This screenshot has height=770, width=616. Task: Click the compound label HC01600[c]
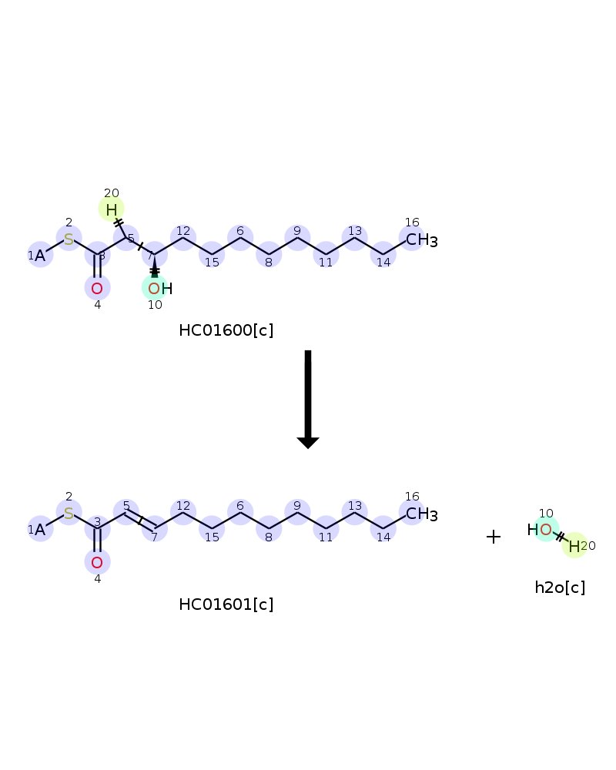click(226, 330)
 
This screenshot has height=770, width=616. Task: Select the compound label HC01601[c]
click(226, 604)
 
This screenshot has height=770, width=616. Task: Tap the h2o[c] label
click(560, 588)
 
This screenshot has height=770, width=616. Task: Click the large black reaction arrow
click(308, 399)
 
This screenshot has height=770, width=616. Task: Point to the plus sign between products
click(494, 537)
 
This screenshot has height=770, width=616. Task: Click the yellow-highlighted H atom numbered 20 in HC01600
click(112, 209)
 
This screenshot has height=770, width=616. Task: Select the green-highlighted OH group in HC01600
click(160, 289)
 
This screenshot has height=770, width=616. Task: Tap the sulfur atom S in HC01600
click(69, 239)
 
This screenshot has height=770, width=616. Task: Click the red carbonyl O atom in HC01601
click(97, 563)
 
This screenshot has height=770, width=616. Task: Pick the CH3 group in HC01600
click(421, 239)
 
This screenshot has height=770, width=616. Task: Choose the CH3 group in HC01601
click(421, 514)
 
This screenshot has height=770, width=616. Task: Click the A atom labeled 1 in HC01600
click(40, 256)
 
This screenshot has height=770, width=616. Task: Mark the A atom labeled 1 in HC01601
click(40, 530)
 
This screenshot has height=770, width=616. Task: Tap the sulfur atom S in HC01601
click(69, 513)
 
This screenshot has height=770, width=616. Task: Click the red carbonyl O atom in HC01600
click(97, 289)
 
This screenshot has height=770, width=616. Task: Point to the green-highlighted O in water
click(546, 530)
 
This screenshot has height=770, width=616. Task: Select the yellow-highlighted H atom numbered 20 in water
click(574, 546)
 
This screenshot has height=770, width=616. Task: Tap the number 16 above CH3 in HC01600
click(412, 223)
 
